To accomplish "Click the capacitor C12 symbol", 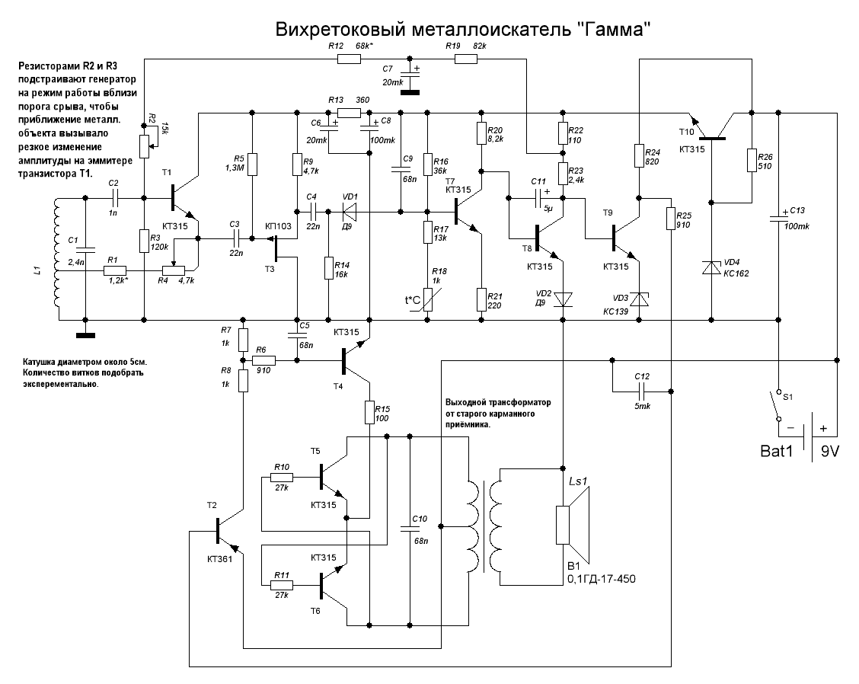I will (x=641, y=391).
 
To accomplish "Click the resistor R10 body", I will (x=282, y=478).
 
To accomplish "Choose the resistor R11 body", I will (x=282, y=585).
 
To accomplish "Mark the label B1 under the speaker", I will (x=573, y=566).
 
